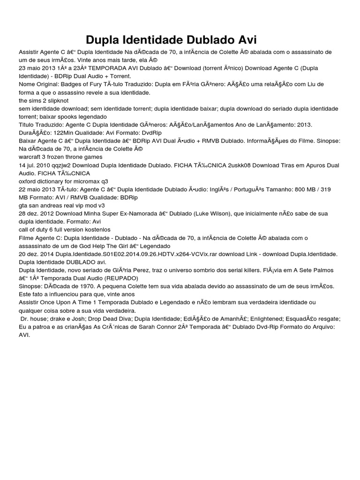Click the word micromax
[88, 181]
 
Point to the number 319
[324, 189]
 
